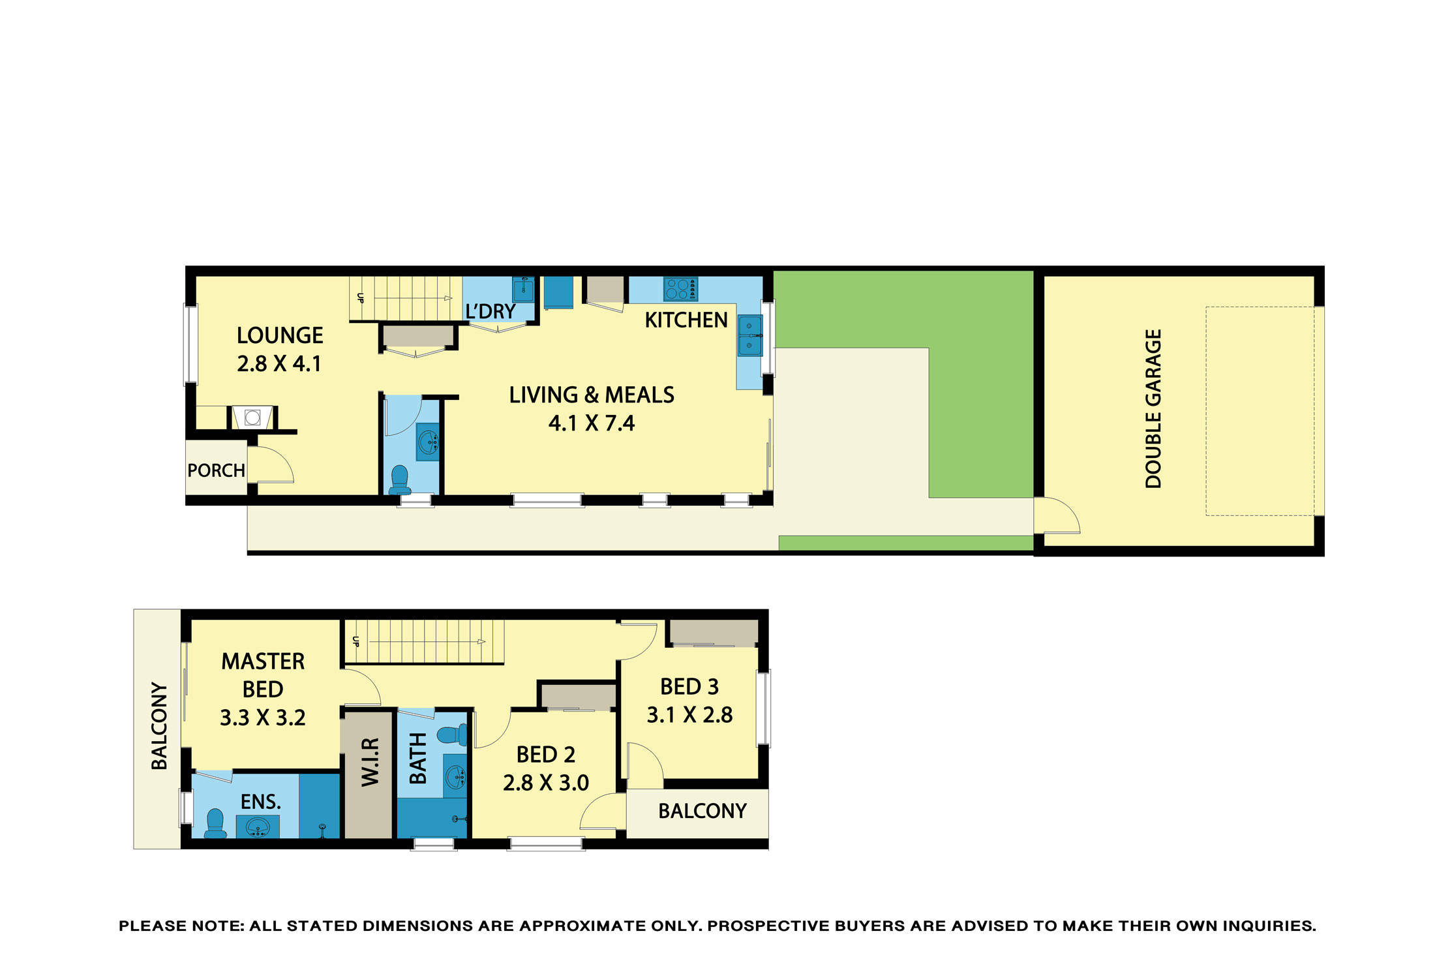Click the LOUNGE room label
[280, 335]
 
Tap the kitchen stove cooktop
[680, 288]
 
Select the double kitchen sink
[749, 335]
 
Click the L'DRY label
[491, 312]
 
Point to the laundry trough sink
[523, 289]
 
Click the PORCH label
[216, 470]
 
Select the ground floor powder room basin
[428, 442]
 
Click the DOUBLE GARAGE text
[1153, 409]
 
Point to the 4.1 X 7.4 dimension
[591, 423]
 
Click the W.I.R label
[370, 762]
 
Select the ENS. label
[261, 802]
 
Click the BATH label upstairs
[417, 758]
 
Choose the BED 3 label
[689, 687]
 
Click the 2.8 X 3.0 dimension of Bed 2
[545, 782]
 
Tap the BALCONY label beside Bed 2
[702, 811]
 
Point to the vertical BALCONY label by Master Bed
[159, 726]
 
